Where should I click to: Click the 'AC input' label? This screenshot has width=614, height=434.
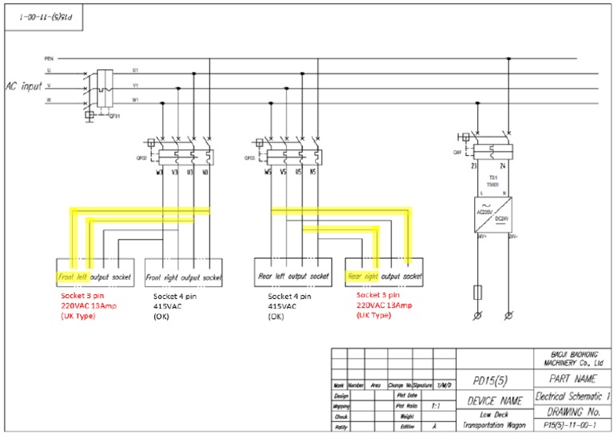click(x=25, y=85)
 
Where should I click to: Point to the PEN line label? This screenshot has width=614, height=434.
click(x=49, y=59)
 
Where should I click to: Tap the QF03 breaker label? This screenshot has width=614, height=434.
click(x=249, y=158)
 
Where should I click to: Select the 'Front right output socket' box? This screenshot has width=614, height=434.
click(x=184, y=277)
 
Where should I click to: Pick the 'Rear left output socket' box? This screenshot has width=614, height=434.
click(x=291, y=277)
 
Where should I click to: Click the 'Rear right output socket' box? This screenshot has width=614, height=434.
click(x=383, y=277)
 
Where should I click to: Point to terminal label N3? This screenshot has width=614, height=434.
click(x=206, y=171)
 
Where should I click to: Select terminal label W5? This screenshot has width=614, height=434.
click(x=272, y=171)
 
